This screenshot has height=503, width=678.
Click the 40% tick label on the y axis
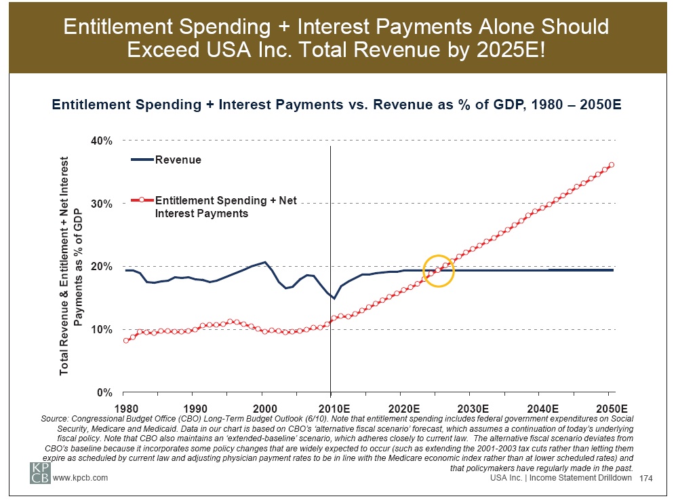(x=102, y=141)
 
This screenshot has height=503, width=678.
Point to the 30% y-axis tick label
(x=102, y=204)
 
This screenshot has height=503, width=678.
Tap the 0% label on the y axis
(x=104, y=392)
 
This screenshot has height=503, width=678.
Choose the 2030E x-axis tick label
(x=472, y=409)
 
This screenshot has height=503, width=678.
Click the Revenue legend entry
(x=178, y=160)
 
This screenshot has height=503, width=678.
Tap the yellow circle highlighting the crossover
(x=438, y=272)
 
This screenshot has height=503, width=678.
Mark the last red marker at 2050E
(x=612, y=165)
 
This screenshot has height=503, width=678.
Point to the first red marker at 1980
(x=125, y=341)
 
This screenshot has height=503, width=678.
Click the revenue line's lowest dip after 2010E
(x=334, y=299)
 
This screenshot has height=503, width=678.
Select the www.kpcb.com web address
(x=81, y=479)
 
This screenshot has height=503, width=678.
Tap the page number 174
(x=645, y=479)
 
